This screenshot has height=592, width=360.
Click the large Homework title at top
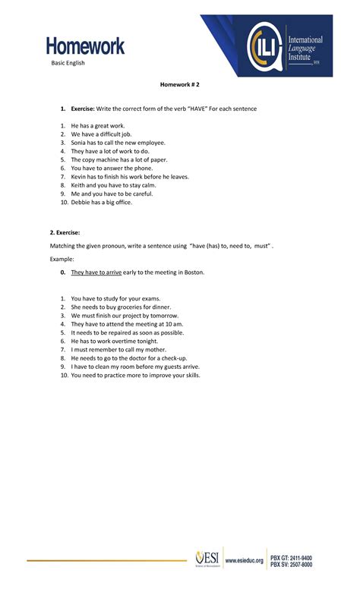(84, 46)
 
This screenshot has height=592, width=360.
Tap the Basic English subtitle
(68, 63)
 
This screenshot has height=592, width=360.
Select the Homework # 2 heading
(178, 87)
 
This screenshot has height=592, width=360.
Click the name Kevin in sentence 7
(80, 177)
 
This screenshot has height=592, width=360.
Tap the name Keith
(79, 185)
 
